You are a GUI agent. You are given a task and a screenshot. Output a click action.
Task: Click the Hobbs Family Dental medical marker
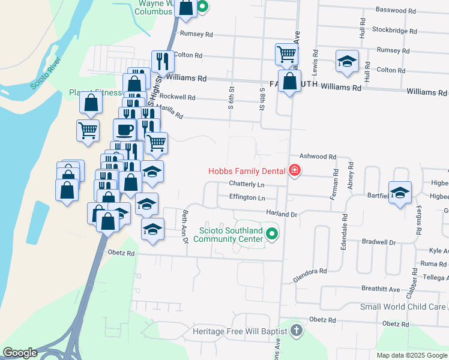(x=294, y=171)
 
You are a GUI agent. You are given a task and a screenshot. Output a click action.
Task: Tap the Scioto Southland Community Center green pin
(x=272, y=233)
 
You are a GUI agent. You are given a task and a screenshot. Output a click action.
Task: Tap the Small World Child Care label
(x=403, y=307)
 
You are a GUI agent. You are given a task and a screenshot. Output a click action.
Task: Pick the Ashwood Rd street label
(x=318, y=156)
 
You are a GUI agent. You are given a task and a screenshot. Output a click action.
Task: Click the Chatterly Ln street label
(x=246, y=184)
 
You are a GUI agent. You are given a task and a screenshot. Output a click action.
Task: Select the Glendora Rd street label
(x=310, y=275)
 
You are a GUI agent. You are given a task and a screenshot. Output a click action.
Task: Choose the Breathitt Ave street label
(x=381, y=289)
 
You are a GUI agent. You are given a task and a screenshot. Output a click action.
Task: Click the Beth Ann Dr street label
(x=185, y=227)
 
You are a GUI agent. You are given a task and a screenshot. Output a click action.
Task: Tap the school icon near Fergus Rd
(x=400, y=193)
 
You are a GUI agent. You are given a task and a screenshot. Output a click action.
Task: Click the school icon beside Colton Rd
(x=347, y=62)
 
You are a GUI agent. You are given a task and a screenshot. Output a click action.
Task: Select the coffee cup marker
(x=125, y=129)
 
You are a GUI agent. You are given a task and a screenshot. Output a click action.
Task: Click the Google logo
(x=20, y=353)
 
